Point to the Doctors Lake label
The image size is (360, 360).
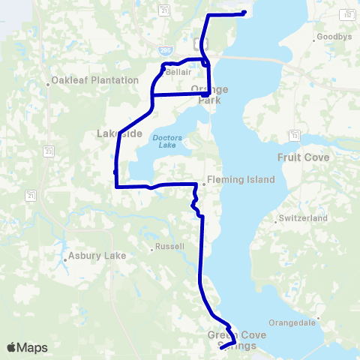[x=167, y=142]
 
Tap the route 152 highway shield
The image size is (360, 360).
[x=347, y=14]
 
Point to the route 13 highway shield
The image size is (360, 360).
[x=295, y=135]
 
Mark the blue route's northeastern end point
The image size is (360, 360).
[x=245, y=12]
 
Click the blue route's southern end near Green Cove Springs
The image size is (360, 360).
[x=220, y=348]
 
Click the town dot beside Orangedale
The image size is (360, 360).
[x=319, y=319]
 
